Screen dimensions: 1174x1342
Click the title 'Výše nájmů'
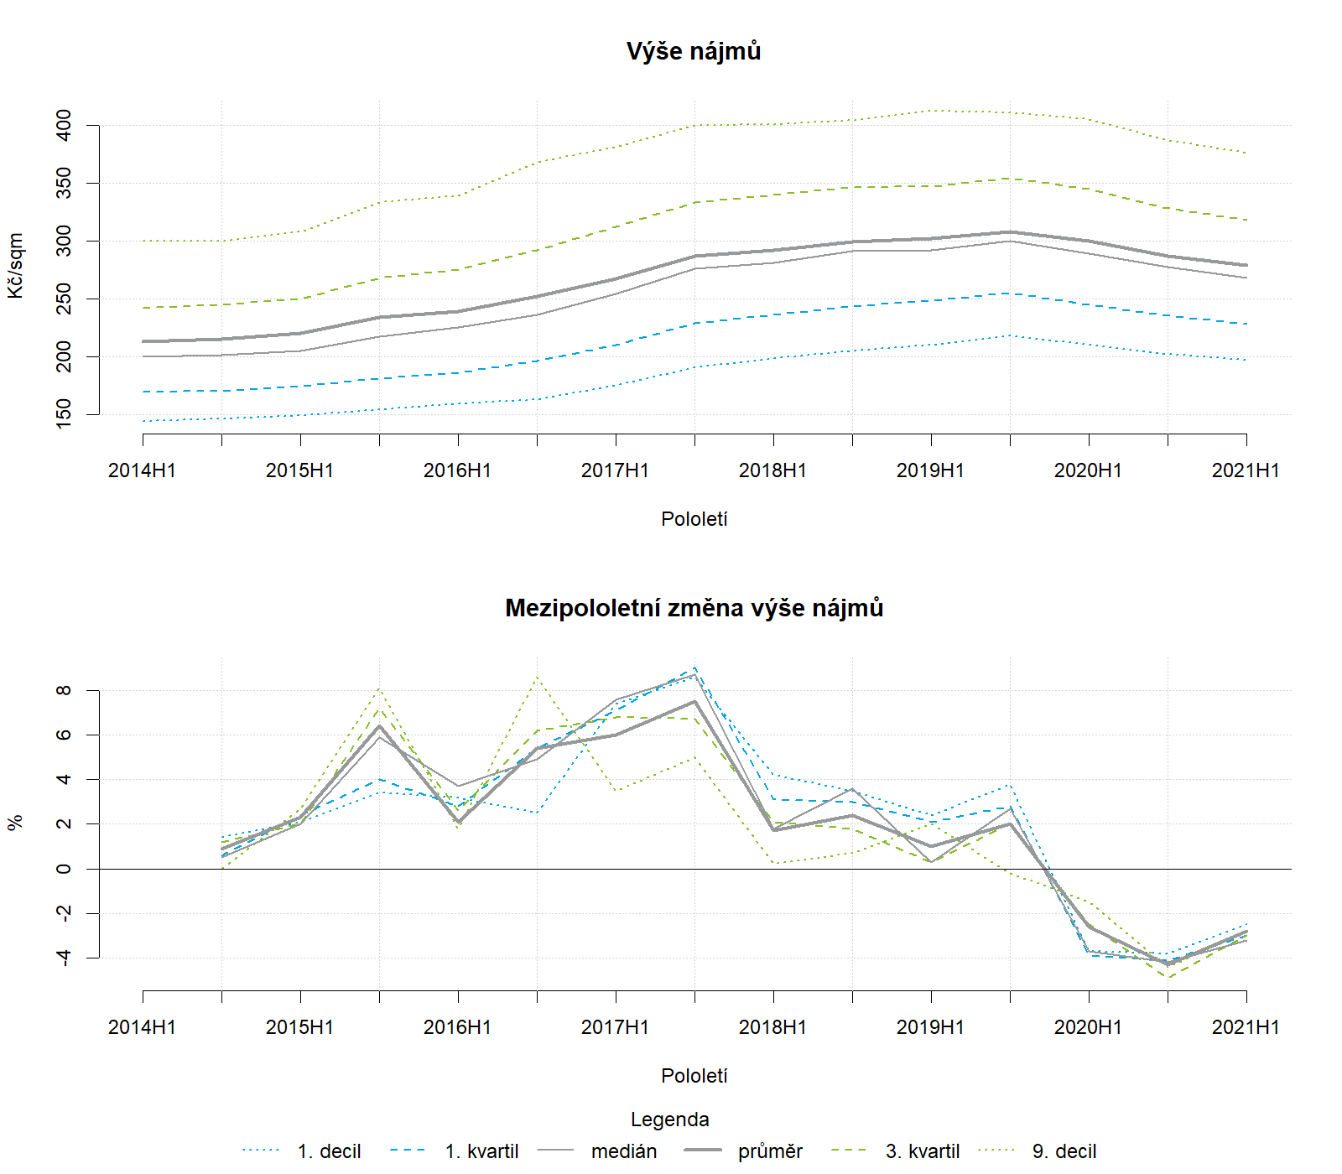pyautogui.click(x=694, y=51)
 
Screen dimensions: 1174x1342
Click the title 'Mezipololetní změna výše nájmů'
pyautogui.click(x=694, y=608)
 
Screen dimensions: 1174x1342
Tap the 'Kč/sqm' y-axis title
pyautogui.click(x=16, y=266)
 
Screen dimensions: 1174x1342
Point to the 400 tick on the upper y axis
pyautogui.click(x=64, y=126)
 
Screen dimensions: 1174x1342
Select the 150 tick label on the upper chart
pyautogui.click(x=64, y=414)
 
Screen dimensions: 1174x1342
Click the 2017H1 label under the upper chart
pyautogui.click(x=615, y=470)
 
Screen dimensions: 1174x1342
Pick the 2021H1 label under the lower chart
pyautogui.click(x=1246, y=1027)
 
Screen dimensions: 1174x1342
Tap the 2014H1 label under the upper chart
pyautogui.click(x=142, y=470)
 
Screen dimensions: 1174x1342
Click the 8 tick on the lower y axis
pyautogui.click(x=64, y=691)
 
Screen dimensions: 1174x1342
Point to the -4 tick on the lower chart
pyautogui.click(x=64, y=957)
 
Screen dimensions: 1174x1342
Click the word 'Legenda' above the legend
pyautogui.click(x=669, y=1119)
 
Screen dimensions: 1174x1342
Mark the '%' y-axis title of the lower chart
pyautogui.click(x=16, y=823)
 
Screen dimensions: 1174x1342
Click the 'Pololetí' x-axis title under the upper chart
pyautogui.click(x=694, y=519)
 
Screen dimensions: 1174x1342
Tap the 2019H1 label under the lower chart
pyautogui.click(x=930, y=1027)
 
